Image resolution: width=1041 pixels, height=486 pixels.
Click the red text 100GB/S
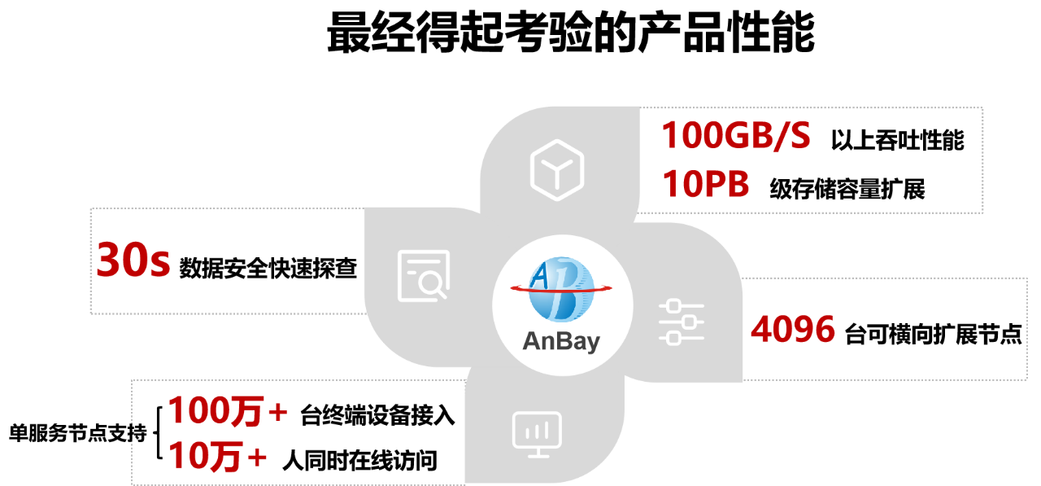point(735,136)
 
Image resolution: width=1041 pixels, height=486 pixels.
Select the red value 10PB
point(704,185)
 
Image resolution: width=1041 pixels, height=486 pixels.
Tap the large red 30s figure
point(133,261)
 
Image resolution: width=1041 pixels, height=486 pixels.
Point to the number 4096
point(792,330)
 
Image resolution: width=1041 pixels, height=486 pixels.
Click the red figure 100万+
point(228,411)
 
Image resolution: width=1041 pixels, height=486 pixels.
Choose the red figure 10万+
point(217,457)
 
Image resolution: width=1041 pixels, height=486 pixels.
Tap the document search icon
point(423,275)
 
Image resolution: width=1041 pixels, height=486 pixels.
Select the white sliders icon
point(681,322)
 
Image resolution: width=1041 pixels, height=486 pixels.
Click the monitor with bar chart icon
point(537,432)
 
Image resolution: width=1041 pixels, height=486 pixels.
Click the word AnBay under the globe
point(560,340)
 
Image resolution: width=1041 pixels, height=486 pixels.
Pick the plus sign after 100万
point(277,412)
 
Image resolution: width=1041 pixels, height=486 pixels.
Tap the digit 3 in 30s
point(110,261)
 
